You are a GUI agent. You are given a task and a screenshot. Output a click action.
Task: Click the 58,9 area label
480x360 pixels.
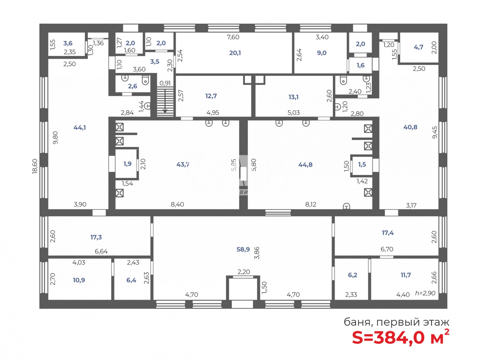[243, 249]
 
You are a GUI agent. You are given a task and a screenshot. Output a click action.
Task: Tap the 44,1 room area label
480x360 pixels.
[79, 128]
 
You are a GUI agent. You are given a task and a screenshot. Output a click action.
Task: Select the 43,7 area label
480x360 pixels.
[183, 164]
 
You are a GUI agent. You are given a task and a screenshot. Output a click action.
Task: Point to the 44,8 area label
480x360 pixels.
[305, 165]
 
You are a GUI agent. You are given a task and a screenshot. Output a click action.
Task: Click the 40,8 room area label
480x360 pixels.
[410, 127]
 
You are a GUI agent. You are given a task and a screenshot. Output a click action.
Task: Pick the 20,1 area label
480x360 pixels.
[235, 53]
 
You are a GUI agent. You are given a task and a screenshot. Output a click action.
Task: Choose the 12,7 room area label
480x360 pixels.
[211, 96]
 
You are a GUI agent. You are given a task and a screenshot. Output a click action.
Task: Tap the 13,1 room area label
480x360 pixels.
[293, 97]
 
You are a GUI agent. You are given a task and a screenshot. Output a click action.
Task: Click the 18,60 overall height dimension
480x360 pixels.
[35, 166]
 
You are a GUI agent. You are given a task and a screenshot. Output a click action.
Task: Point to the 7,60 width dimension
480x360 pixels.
[233, 37]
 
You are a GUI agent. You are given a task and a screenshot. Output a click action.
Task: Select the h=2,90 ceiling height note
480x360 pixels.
[425, 293]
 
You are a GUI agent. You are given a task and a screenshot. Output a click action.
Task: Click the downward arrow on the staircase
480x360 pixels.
[165, 102]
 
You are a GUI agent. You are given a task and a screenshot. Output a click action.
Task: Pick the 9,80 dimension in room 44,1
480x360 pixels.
[55, 137]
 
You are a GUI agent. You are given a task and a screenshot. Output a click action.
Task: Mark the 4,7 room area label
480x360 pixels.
[418, 47]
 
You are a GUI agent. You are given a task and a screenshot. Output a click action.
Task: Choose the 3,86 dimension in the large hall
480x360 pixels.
[257, 253]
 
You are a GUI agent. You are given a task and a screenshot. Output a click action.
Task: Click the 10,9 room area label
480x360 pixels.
[79, 280]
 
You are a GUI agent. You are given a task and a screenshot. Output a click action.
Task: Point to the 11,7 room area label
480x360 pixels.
[405, 275]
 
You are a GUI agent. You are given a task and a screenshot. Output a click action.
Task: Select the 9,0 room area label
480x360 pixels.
[322, 53]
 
